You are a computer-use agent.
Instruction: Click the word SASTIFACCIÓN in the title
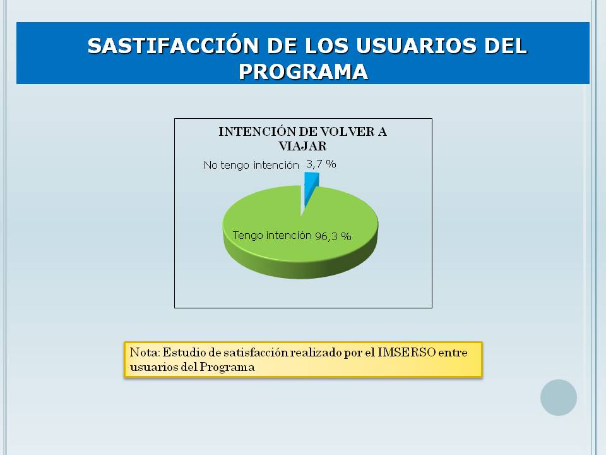(173, 45)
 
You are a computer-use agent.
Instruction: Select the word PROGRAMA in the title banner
(304, 71)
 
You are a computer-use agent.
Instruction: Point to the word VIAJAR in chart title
(302, 146)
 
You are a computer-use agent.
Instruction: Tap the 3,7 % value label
(321, 164)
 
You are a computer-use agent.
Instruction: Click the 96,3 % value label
(333, 236)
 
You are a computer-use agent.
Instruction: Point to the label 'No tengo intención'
(251, 165)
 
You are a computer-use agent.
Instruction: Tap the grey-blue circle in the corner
(559, 397)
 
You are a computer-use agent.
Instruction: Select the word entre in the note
(453, 353)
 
